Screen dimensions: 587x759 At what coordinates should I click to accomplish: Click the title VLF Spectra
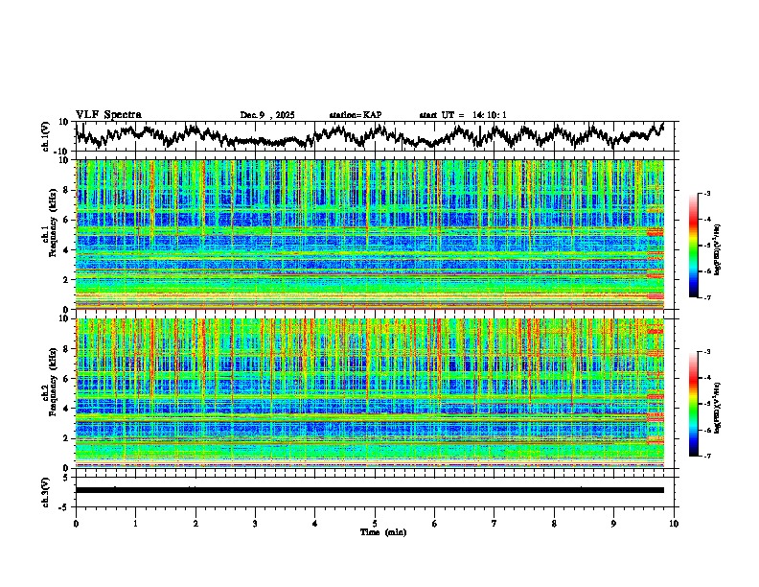tap(108, 115)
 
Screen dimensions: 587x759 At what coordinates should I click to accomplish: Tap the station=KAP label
tap(355, 115)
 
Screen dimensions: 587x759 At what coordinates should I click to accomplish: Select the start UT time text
tap(463, 115)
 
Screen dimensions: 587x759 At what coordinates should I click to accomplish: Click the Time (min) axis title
tap(375, 531)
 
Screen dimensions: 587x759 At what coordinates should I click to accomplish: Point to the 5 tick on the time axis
tap(375, 523)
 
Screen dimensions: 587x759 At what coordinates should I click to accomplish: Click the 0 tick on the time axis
tap(76, 523)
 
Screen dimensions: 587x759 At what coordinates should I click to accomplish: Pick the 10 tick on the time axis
tap(675, 523)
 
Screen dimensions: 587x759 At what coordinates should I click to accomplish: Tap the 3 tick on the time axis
tap(255, 523)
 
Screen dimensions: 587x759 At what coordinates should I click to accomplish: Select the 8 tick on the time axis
tap(554, 523)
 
